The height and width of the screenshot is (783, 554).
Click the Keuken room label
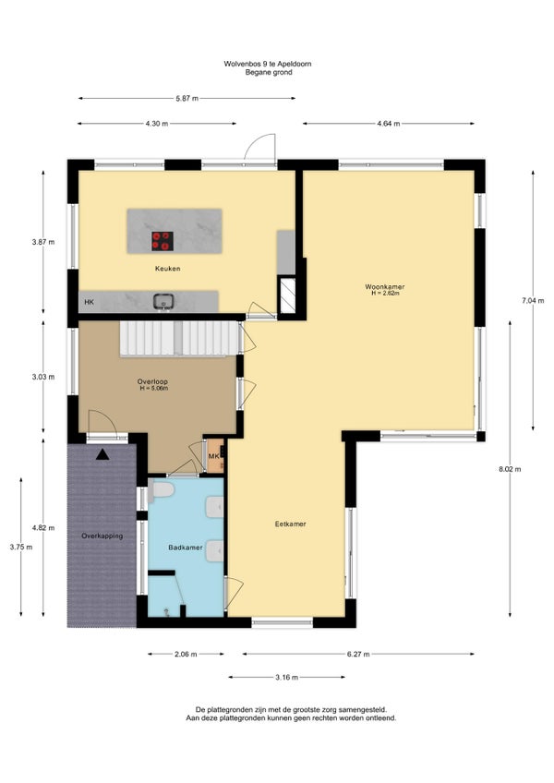coord(167,269)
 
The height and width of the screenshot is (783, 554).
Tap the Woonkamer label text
coord(385,286)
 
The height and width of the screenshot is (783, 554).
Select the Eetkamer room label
coord(290,524)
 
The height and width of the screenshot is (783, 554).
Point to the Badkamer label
coord(186,548)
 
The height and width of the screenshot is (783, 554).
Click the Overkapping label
coord(102,536)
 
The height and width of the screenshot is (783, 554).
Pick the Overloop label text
coord(152,381)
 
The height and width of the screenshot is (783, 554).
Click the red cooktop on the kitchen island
coord(163,241)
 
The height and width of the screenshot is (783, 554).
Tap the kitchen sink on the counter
coord(163,301)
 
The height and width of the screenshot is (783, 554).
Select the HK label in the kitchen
coord(89,302)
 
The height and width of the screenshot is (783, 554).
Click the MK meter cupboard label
coord(213,456)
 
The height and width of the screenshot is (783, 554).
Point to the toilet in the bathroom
coord(161,490)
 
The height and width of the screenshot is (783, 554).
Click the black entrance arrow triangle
coord(102,454)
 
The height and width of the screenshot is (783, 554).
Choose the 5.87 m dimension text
coord(187,99)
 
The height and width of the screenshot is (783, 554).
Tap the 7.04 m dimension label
coord(533,301)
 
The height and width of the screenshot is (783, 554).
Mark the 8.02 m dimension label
coord(510,469)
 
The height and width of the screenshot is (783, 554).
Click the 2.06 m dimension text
coord(186,654)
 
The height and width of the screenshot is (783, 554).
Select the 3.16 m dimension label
coord(287,677)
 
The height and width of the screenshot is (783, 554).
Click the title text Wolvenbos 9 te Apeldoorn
coord(268,64)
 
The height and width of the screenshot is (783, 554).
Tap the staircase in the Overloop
coord(178,339)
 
